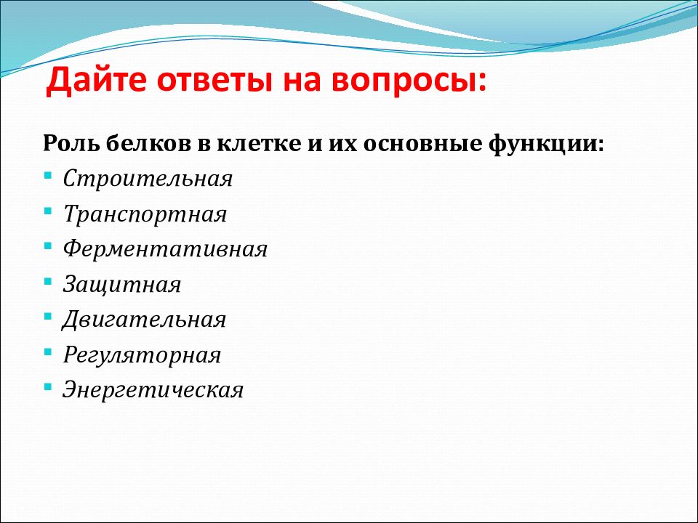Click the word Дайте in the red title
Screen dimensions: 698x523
point(96,81)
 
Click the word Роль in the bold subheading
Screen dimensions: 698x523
point(71,144)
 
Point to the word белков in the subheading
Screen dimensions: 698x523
point(149,143)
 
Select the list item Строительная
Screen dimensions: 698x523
point(148,179)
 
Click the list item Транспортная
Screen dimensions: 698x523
point(145,214)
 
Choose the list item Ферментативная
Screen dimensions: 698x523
point(165,249)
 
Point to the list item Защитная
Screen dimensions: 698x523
point(122,284)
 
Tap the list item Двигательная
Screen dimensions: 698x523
point(144,320)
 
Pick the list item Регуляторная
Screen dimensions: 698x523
point(142,355)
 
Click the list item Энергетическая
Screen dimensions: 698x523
point(153,390)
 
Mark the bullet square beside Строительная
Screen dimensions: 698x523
point(48,175)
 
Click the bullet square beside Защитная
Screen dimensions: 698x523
point(48,281)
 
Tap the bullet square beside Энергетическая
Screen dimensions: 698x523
point(48,387)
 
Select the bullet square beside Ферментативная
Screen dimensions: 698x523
point(48,246)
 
